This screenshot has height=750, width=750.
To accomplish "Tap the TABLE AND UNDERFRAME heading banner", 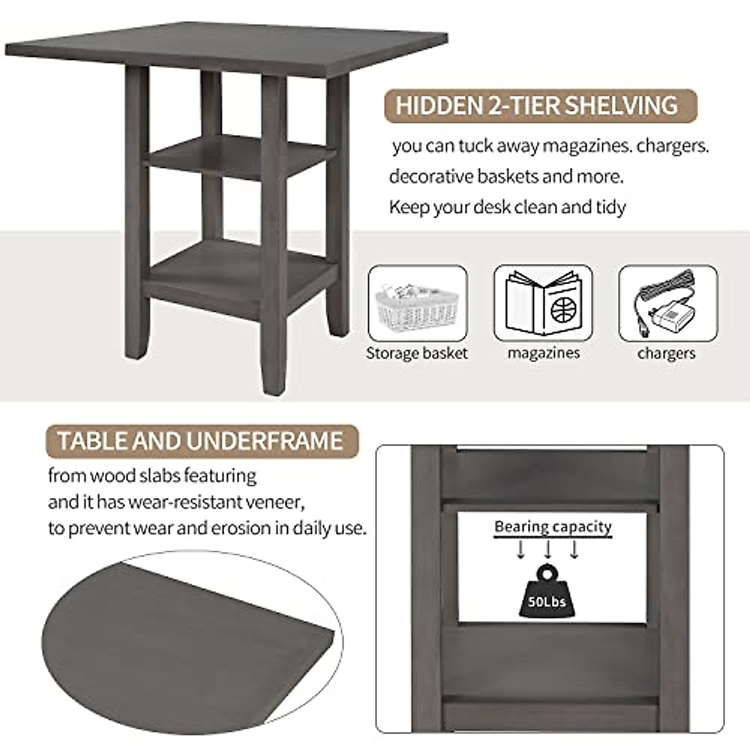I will pos(201,441).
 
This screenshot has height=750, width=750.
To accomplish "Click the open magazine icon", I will pos(542,304).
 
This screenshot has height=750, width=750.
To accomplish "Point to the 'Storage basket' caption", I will pos(417,353).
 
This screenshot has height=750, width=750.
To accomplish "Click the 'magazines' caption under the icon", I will pos(543,353).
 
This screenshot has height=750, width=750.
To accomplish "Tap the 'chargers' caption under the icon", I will pos(666,353).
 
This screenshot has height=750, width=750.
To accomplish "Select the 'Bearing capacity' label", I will pos(552,527).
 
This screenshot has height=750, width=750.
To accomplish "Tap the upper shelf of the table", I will pos(237,153).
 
